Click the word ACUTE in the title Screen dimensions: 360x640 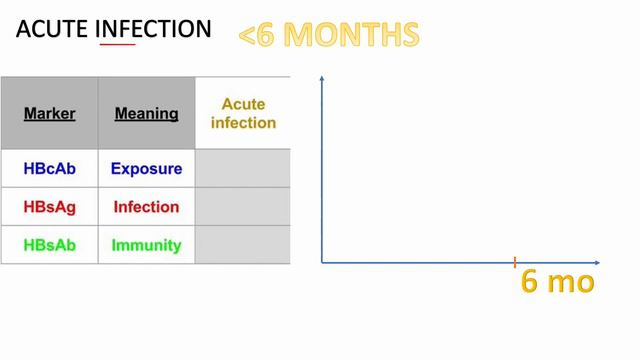tap(52, 29)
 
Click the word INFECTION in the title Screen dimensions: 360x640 tap(153, 29)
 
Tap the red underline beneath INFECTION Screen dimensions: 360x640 tap(117, 45)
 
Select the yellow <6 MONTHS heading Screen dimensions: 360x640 tap(329, 35)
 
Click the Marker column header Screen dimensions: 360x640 tap(49, 113)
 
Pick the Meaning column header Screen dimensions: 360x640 tap(146, 113)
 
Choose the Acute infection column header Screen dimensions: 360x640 tap(243, 113)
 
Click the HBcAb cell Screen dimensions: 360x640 tap(49, 168)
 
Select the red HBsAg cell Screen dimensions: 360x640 tap(49, 207)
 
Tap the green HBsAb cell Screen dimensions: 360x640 tap(49, 245)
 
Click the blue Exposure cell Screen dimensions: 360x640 tap(146, 168)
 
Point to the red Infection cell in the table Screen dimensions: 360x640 tap(146, 207)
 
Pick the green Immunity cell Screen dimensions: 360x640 tap(146, 245)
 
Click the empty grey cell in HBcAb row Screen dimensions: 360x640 tap(243, 168)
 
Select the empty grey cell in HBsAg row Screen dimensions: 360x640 tap(243, 207)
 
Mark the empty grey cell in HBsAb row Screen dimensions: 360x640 tap(243, 245)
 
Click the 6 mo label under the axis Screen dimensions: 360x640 tap(558, 282)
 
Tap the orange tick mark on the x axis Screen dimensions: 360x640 tap(515, 262)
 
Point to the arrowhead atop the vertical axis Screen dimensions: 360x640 tap(322, 78)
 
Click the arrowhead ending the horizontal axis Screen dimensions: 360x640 tap(596, 262)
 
